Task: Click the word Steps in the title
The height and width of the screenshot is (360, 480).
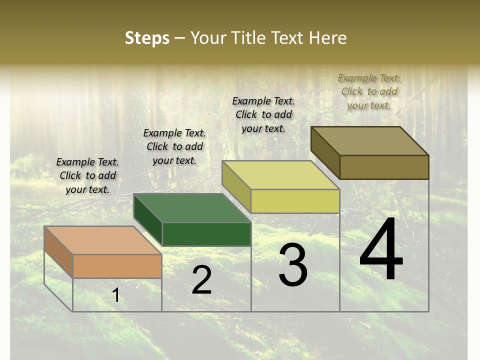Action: [x=147, y=38]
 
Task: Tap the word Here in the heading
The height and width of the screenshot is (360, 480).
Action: [x=328, y=38]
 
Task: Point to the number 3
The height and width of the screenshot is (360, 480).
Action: [x=293, y=265]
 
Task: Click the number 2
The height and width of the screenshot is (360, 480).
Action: [x=201, y=280]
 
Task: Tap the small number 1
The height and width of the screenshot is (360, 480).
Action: [x=116, y=295]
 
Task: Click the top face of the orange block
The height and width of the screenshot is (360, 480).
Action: [x=102, y=240]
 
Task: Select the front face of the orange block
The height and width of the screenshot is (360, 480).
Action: [x=117, y=266]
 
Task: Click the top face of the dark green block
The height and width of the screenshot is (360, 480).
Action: [x=192, y=208]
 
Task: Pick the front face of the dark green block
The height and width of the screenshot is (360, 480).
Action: [x=206, y=234]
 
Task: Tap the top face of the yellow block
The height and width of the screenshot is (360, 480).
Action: [x=280, y=175]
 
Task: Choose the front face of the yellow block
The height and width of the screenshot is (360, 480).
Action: [x=295, y=201]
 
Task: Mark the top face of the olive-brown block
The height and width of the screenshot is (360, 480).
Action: [x=370, y=140]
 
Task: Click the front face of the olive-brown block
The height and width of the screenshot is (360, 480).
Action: [x=384, y=167]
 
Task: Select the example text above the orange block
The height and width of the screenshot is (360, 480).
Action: [x=87, y=175]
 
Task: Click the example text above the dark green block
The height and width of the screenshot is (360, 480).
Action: [x=174, y=146]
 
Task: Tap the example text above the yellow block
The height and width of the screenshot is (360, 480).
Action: [x=263, y=114]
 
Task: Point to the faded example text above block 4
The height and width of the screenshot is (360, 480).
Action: [x=369, y=91]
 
